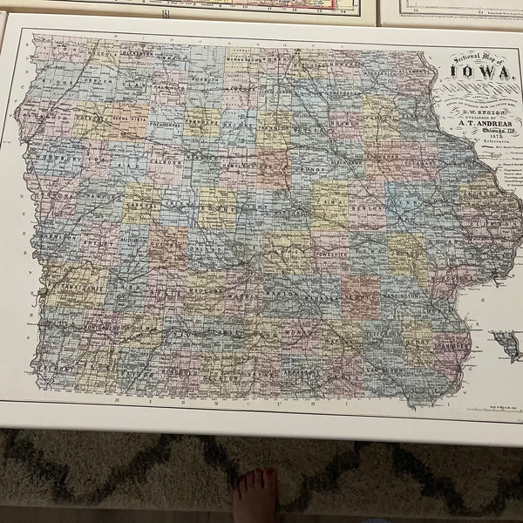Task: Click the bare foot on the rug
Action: click(255, 495)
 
